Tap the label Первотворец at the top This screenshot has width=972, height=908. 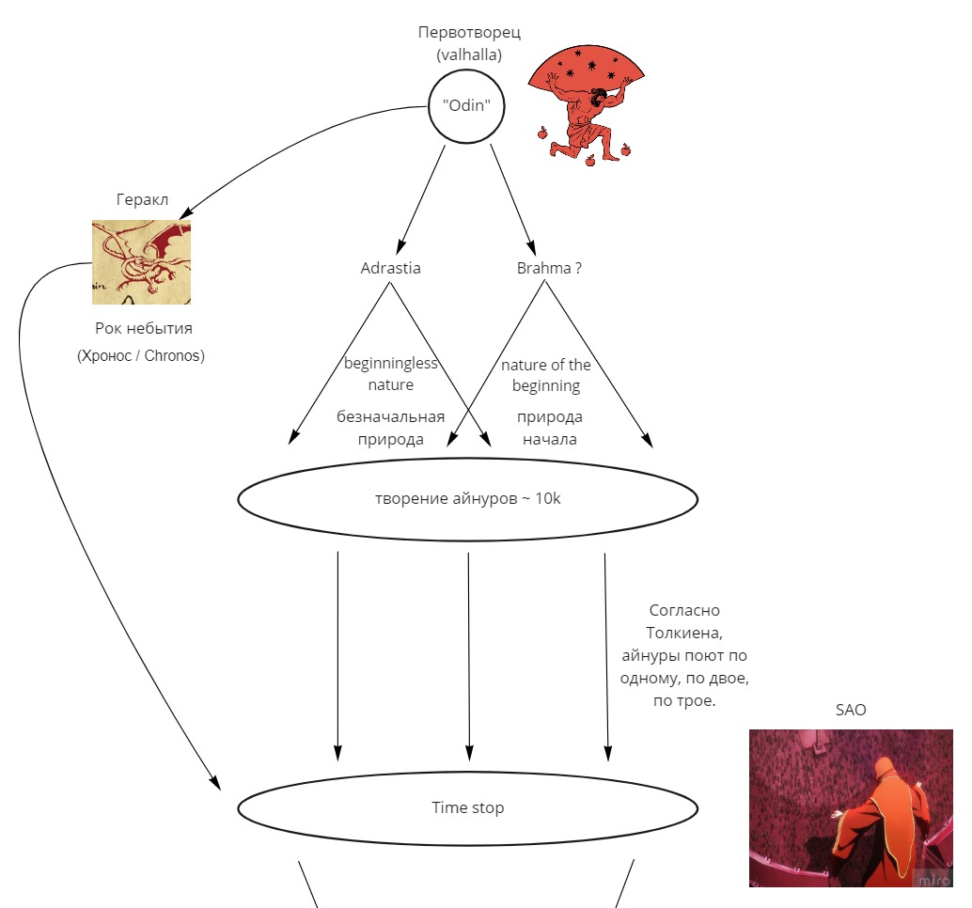tap(469, 32)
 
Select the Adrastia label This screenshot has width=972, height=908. tap(390, 268)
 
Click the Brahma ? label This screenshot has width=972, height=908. tap(549, 268)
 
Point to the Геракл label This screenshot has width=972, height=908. tap(142, 199)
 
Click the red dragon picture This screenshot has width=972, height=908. tap(141, 262)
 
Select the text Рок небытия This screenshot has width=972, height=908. tap(144, 328)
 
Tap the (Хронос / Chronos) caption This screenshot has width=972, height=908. tap(141, 355)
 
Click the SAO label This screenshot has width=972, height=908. tap(851, 710)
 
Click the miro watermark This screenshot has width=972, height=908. tap(933, 879)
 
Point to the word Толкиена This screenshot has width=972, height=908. tap(684, 633)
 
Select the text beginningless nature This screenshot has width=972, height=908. tap(390, 374)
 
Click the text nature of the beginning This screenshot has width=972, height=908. tap(546, 375)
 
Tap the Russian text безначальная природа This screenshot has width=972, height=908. tap(390, 428)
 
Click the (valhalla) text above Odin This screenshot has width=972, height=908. tap(469, 55)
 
